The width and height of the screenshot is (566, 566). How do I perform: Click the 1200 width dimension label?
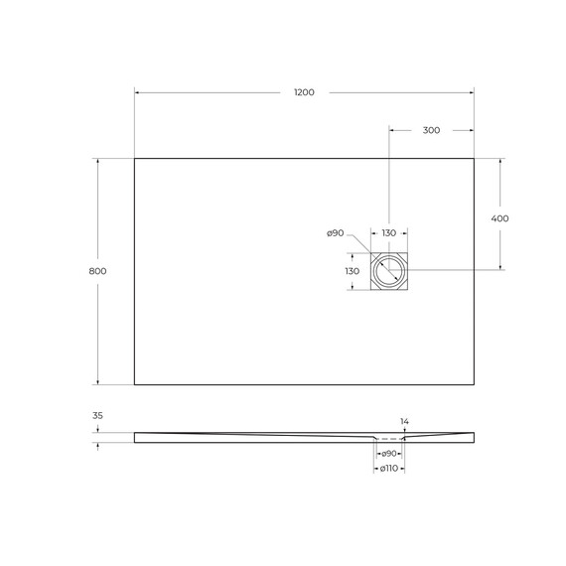pos(304,92)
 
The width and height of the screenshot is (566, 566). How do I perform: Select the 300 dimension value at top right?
pos(431,130)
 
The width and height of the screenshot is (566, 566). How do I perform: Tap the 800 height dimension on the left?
pos(97,271)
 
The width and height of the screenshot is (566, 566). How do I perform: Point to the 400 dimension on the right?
pos(499,218)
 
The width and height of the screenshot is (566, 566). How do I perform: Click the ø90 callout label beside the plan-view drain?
pos(335,233)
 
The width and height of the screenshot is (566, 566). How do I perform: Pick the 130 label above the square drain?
pos(388,233)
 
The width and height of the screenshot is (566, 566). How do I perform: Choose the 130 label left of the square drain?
pos(352,271)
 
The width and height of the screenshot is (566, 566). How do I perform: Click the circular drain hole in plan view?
pos(389,271)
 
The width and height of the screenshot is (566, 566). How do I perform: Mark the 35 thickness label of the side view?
pos(97,416)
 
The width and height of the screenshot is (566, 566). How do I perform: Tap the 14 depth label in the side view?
pos(404,421)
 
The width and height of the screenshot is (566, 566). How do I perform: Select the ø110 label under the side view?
pos(388,468)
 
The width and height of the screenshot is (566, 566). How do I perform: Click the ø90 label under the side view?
pos(388,453)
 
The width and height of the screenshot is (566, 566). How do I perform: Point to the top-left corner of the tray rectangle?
pos(134,158)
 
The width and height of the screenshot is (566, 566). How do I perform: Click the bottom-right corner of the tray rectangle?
pos(474,384)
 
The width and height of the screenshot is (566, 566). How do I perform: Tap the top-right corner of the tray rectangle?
pos(474,158)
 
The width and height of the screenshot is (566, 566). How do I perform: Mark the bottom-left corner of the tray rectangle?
pos(134,384)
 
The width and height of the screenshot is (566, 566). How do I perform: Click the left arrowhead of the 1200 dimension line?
pos(137,92)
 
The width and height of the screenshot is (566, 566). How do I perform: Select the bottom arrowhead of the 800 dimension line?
pos(97,381)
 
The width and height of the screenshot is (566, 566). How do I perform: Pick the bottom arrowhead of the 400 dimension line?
pos(499,267)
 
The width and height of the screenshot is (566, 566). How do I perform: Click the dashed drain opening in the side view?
pos(389,438)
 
